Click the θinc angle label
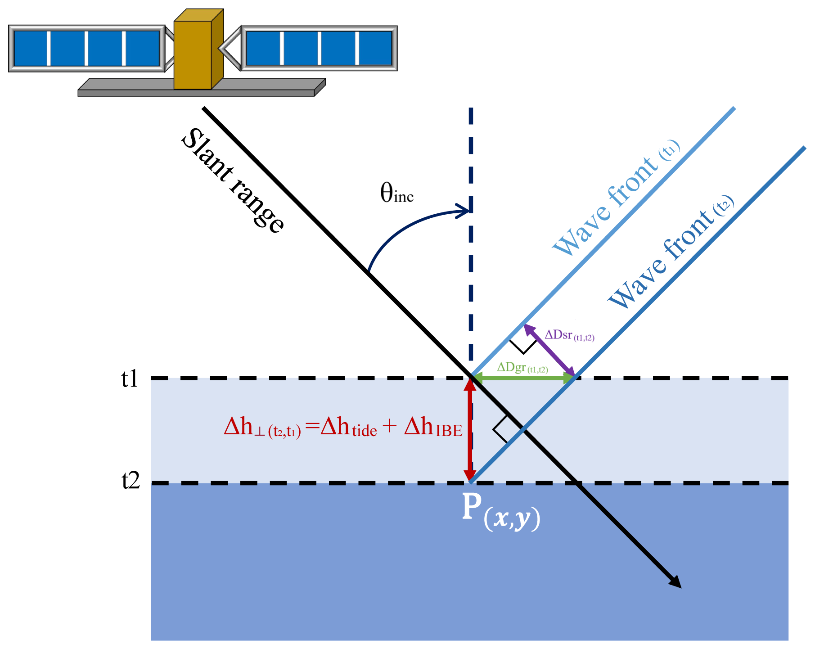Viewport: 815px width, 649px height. click(396, 193)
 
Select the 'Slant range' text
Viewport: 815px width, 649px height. click(232, 180)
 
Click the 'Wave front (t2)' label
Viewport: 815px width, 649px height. click(671, 252)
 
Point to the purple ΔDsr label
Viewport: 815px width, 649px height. click(569, 335)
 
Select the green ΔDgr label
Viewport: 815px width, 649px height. click(522, 368)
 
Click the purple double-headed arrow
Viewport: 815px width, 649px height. click(549, 350)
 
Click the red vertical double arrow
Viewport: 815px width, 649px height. click(470, 430)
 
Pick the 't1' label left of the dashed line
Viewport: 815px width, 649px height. click(130, 379)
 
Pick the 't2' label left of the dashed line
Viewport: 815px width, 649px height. click(131, 481)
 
